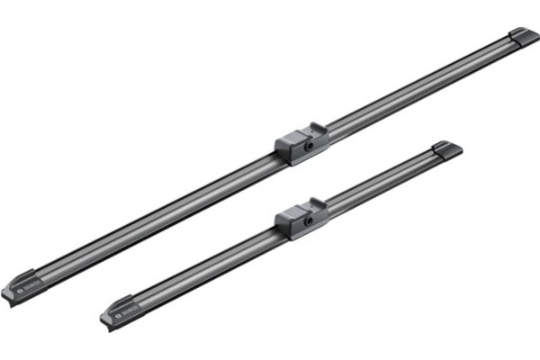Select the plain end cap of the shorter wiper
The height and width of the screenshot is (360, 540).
tap(446, 148)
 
